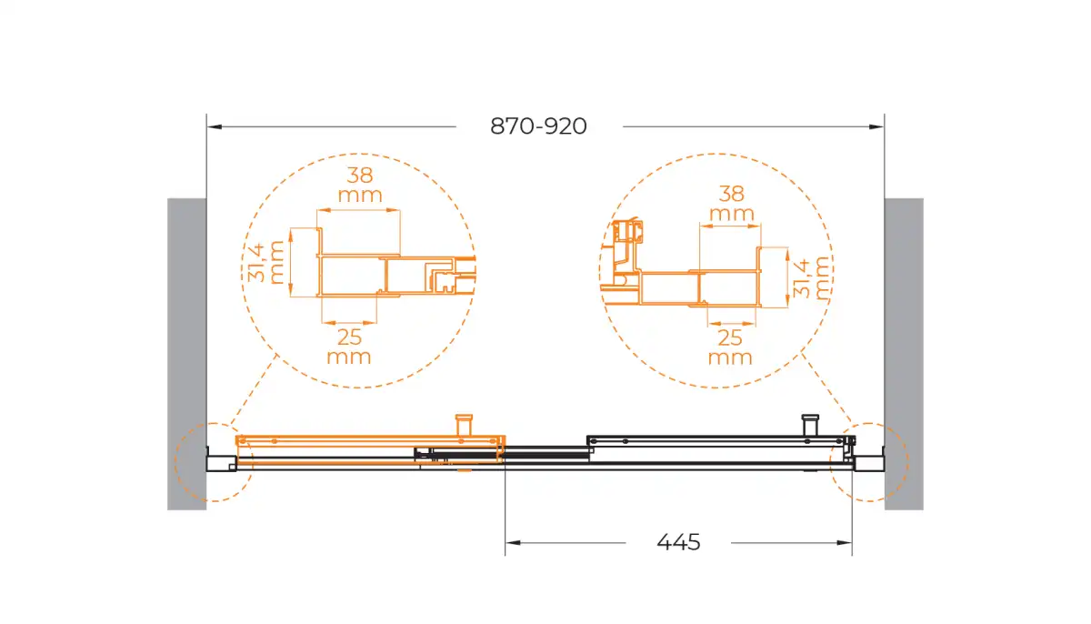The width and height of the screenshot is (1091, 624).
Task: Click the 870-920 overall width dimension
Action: click(538, 126)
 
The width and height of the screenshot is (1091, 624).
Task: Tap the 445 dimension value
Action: click(678, 542)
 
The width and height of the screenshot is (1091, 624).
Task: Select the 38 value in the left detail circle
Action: click(359, 176)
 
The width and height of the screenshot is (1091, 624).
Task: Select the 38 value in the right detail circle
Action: click(731, 194)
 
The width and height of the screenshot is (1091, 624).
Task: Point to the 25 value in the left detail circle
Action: click(350, 337)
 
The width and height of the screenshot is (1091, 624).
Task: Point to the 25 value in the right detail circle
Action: click(729, 337)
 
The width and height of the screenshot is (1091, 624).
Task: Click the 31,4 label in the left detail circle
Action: click(256, 263)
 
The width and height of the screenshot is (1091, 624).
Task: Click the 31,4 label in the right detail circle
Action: click(802, 278)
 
